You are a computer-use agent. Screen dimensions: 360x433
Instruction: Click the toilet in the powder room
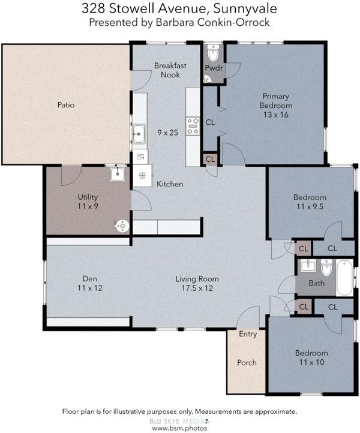coord(213,53)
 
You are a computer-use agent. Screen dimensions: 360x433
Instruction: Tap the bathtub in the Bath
coord(344,278)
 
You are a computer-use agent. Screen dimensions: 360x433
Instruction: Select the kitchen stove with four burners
coord(193,126)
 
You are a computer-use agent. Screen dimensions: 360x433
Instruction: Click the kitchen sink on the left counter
coord(139,134)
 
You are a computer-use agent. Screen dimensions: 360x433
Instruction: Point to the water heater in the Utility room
coord(122,226)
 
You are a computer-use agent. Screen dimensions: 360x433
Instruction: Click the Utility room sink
coord(118,174)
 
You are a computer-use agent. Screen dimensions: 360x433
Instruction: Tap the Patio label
coord(66,105)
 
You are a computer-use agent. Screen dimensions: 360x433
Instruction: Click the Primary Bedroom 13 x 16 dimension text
coord(276,115)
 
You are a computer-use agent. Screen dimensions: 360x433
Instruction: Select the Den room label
coord(90,279)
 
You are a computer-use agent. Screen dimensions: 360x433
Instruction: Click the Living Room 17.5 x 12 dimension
coord(197,288)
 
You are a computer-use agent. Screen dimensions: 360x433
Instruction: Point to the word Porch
coord(247,363)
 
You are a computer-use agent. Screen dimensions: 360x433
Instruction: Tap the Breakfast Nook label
coord(170,70)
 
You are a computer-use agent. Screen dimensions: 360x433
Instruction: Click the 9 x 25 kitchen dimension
coord(168,133)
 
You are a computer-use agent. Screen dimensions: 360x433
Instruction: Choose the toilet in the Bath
coord(327,267)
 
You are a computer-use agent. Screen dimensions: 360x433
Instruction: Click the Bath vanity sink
coord(308,266)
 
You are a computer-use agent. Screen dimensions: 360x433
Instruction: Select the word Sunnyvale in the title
coord(245,8)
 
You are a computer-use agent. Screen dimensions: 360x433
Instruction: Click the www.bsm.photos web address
coord(179,428)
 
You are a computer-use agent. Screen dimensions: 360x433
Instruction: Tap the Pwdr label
coord(214,68)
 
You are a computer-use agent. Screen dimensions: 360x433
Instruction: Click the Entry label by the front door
coord(248,334)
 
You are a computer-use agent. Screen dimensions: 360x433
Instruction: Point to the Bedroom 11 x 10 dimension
coord(311,362)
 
